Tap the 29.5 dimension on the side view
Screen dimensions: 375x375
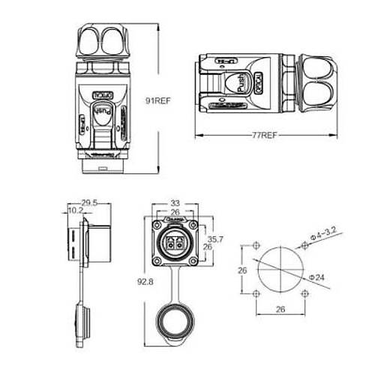pos(89,202)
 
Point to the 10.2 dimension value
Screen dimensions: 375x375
pos(76,211)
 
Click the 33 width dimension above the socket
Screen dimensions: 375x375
pos(175,202)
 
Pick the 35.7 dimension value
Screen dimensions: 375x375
pos(214,238)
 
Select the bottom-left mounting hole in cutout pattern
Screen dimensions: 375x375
pos(256,293)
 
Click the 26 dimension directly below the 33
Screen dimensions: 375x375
pos(175,212)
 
